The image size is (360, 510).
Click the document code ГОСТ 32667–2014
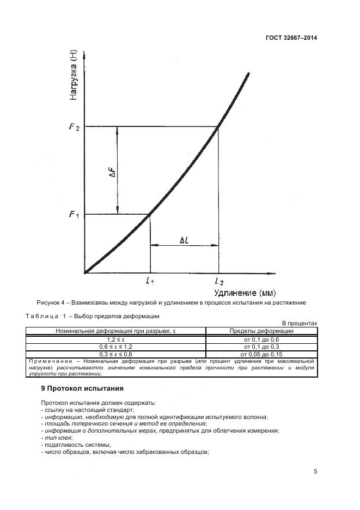pyautogui.click(x=292, y=38)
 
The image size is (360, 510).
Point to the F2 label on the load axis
pyautogui.click(x=74, y=127)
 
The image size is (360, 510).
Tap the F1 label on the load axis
pyautogui.click(x=74, y=215)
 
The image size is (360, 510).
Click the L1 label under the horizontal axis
pyautogui.click(x=150, y=281)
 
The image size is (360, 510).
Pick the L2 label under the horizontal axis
pyautogui.click(x=218, y=281)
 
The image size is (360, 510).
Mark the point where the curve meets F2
pyautogui.click(x=218, y=127)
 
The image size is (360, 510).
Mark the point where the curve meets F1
pyautogui.click(x=150, y=214)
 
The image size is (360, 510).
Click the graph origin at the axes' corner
pyautogui.click(x=84, y=272)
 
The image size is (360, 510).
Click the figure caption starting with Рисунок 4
pyautogui.click(x=171, y=302)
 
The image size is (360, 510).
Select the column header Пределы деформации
pyautogui.click(x=261, y=331)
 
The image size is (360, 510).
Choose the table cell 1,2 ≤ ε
pyautogui.click(x=115, y=339)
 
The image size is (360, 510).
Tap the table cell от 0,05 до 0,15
pyautogui.click(x=261, y=354)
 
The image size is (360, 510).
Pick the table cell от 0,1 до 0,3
pyautogui.click(x=261, y=347)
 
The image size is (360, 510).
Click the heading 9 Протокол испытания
pyautogui.click(x=82, y=388)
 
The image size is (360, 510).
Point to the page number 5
pyautogui.click(x=315, y=472)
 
